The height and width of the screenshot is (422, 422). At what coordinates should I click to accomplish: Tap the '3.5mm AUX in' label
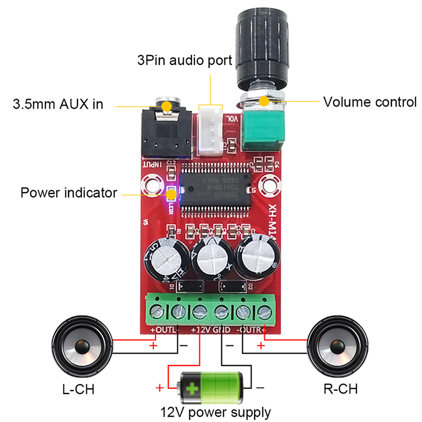57,104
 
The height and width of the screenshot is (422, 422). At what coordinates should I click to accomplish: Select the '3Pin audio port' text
183,60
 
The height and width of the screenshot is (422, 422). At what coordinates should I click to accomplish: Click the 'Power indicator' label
69,193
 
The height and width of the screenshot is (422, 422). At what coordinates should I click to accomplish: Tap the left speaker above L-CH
81,348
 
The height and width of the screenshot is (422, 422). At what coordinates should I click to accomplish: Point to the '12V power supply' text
216,412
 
